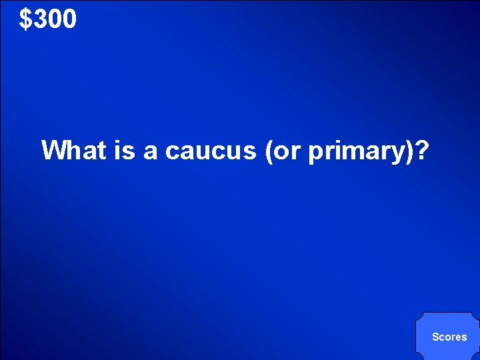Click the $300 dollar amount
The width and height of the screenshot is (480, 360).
(48, 19)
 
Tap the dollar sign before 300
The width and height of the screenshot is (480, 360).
(26, 19)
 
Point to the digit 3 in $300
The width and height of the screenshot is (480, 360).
(40, 19)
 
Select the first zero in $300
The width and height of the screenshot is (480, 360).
(55, 19)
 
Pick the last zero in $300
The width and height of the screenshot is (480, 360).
(69, 19)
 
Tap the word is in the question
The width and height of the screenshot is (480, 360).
(125, 151)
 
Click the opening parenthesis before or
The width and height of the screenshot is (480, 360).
(269, 151)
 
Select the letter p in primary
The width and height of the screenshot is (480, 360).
(315, 153)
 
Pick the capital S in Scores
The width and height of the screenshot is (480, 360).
(435, 337)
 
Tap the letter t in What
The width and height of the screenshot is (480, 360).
(101, 151)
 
